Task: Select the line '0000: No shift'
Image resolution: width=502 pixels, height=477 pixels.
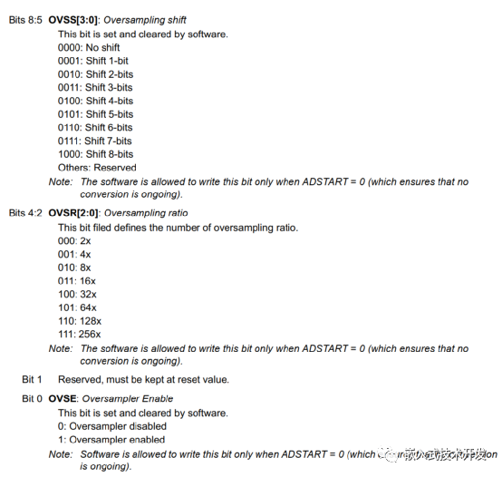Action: click(91, 47)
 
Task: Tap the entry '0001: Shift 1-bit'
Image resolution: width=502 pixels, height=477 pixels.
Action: click(94, 61)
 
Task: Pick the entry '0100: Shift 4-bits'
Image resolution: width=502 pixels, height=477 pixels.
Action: click(96, 101)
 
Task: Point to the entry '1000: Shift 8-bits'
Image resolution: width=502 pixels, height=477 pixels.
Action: click(96, 154)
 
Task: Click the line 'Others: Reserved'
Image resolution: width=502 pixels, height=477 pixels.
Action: click(97, 168)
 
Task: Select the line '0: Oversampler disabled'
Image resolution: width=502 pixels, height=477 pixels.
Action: click(111, 426)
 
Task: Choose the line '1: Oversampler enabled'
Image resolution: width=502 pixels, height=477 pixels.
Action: click(111, 440)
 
